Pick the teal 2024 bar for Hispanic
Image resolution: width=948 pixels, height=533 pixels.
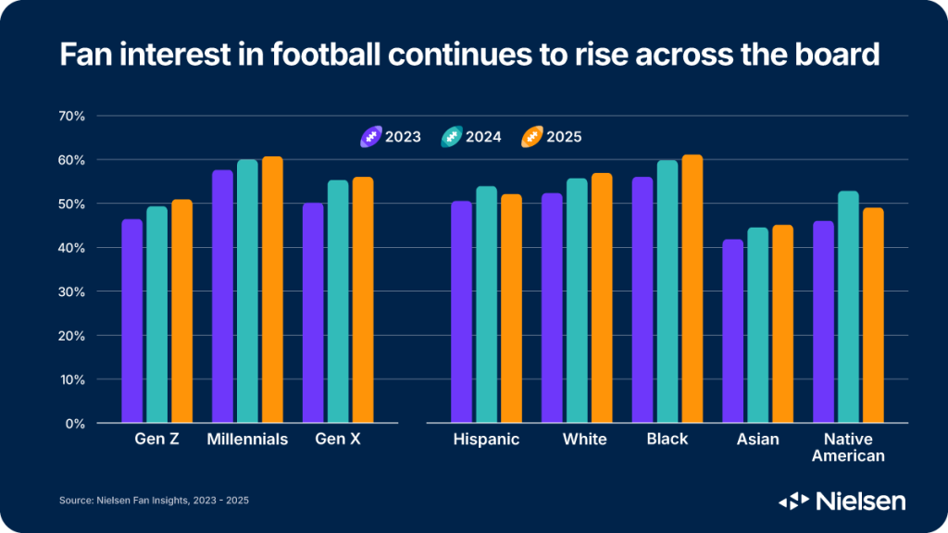[x=486, y=304]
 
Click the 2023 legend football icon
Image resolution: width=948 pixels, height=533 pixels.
[x=370, y=137]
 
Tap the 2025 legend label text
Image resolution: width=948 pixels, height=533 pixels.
[x=564, y=137]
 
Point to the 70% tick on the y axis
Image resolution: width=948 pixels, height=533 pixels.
[x=71, y=116]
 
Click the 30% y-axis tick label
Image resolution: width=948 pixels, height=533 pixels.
[x=71, y=291]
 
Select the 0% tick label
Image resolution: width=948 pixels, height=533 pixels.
[x=75, y=424]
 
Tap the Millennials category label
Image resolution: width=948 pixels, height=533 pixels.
[x=247, y=439]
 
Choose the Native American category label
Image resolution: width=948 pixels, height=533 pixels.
[x=847, y=447]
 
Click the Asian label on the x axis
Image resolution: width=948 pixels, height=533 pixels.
[x=757, y=439]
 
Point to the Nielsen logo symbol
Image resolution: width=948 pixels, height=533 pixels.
[x=793, y=501]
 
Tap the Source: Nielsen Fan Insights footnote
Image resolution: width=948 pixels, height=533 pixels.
[x=154, y=501]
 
